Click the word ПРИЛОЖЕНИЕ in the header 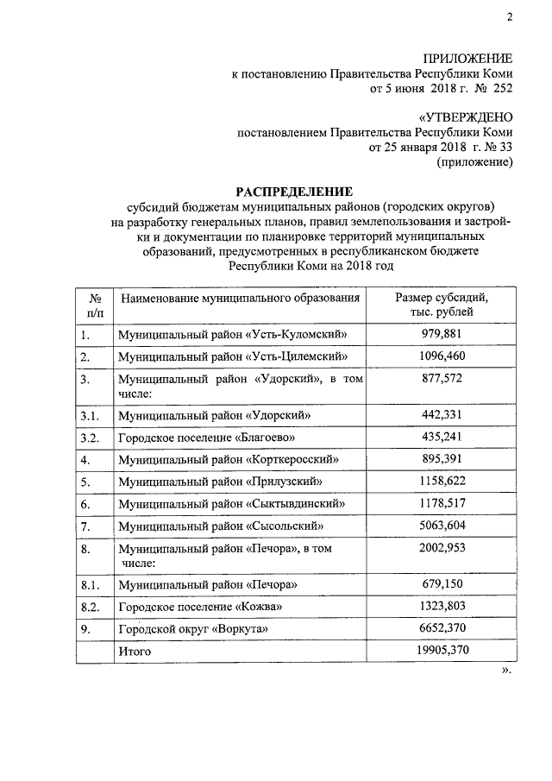[x=466, y=58]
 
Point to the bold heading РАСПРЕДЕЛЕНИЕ [x=295, y=191]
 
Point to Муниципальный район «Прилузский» [x=222, y=482]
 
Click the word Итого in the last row [x=135, y=652]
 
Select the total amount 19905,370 [x=442, y=650]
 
